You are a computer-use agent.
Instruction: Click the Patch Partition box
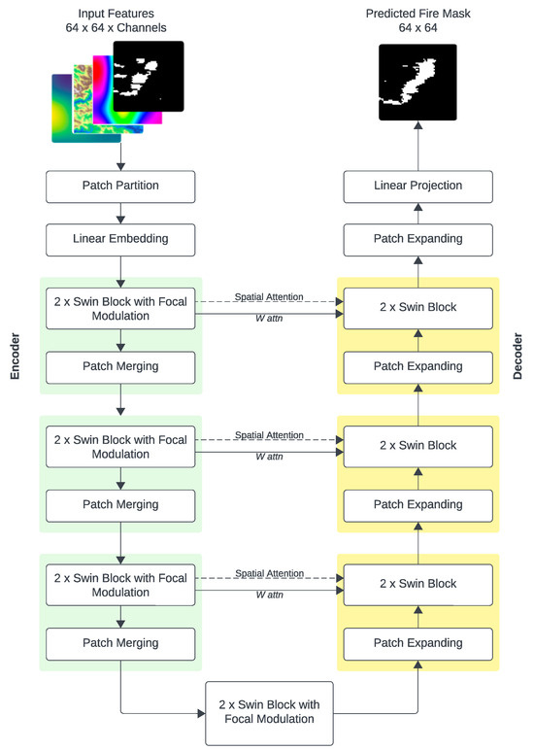[x=119, y=185]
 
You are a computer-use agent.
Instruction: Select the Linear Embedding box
[x=119, y=238]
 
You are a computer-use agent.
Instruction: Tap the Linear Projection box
[x=417, y=185]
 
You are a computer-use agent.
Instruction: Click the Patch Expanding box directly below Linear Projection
[x=417, y=238]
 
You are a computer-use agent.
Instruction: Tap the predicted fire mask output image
[x=417, y=84]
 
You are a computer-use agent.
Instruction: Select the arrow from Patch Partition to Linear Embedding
[x=119, y=211]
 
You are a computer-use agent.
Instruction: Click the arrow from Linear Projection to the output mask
[x=417, y=146]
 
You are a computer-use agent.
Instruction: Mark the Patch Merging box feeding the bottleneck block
[x=119, y=643]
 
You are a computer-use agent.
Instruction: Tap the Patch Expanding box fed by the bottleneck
[x=417, y=643]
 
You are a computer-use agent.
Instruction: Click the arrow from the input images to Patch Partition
[x=119, y=155]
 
